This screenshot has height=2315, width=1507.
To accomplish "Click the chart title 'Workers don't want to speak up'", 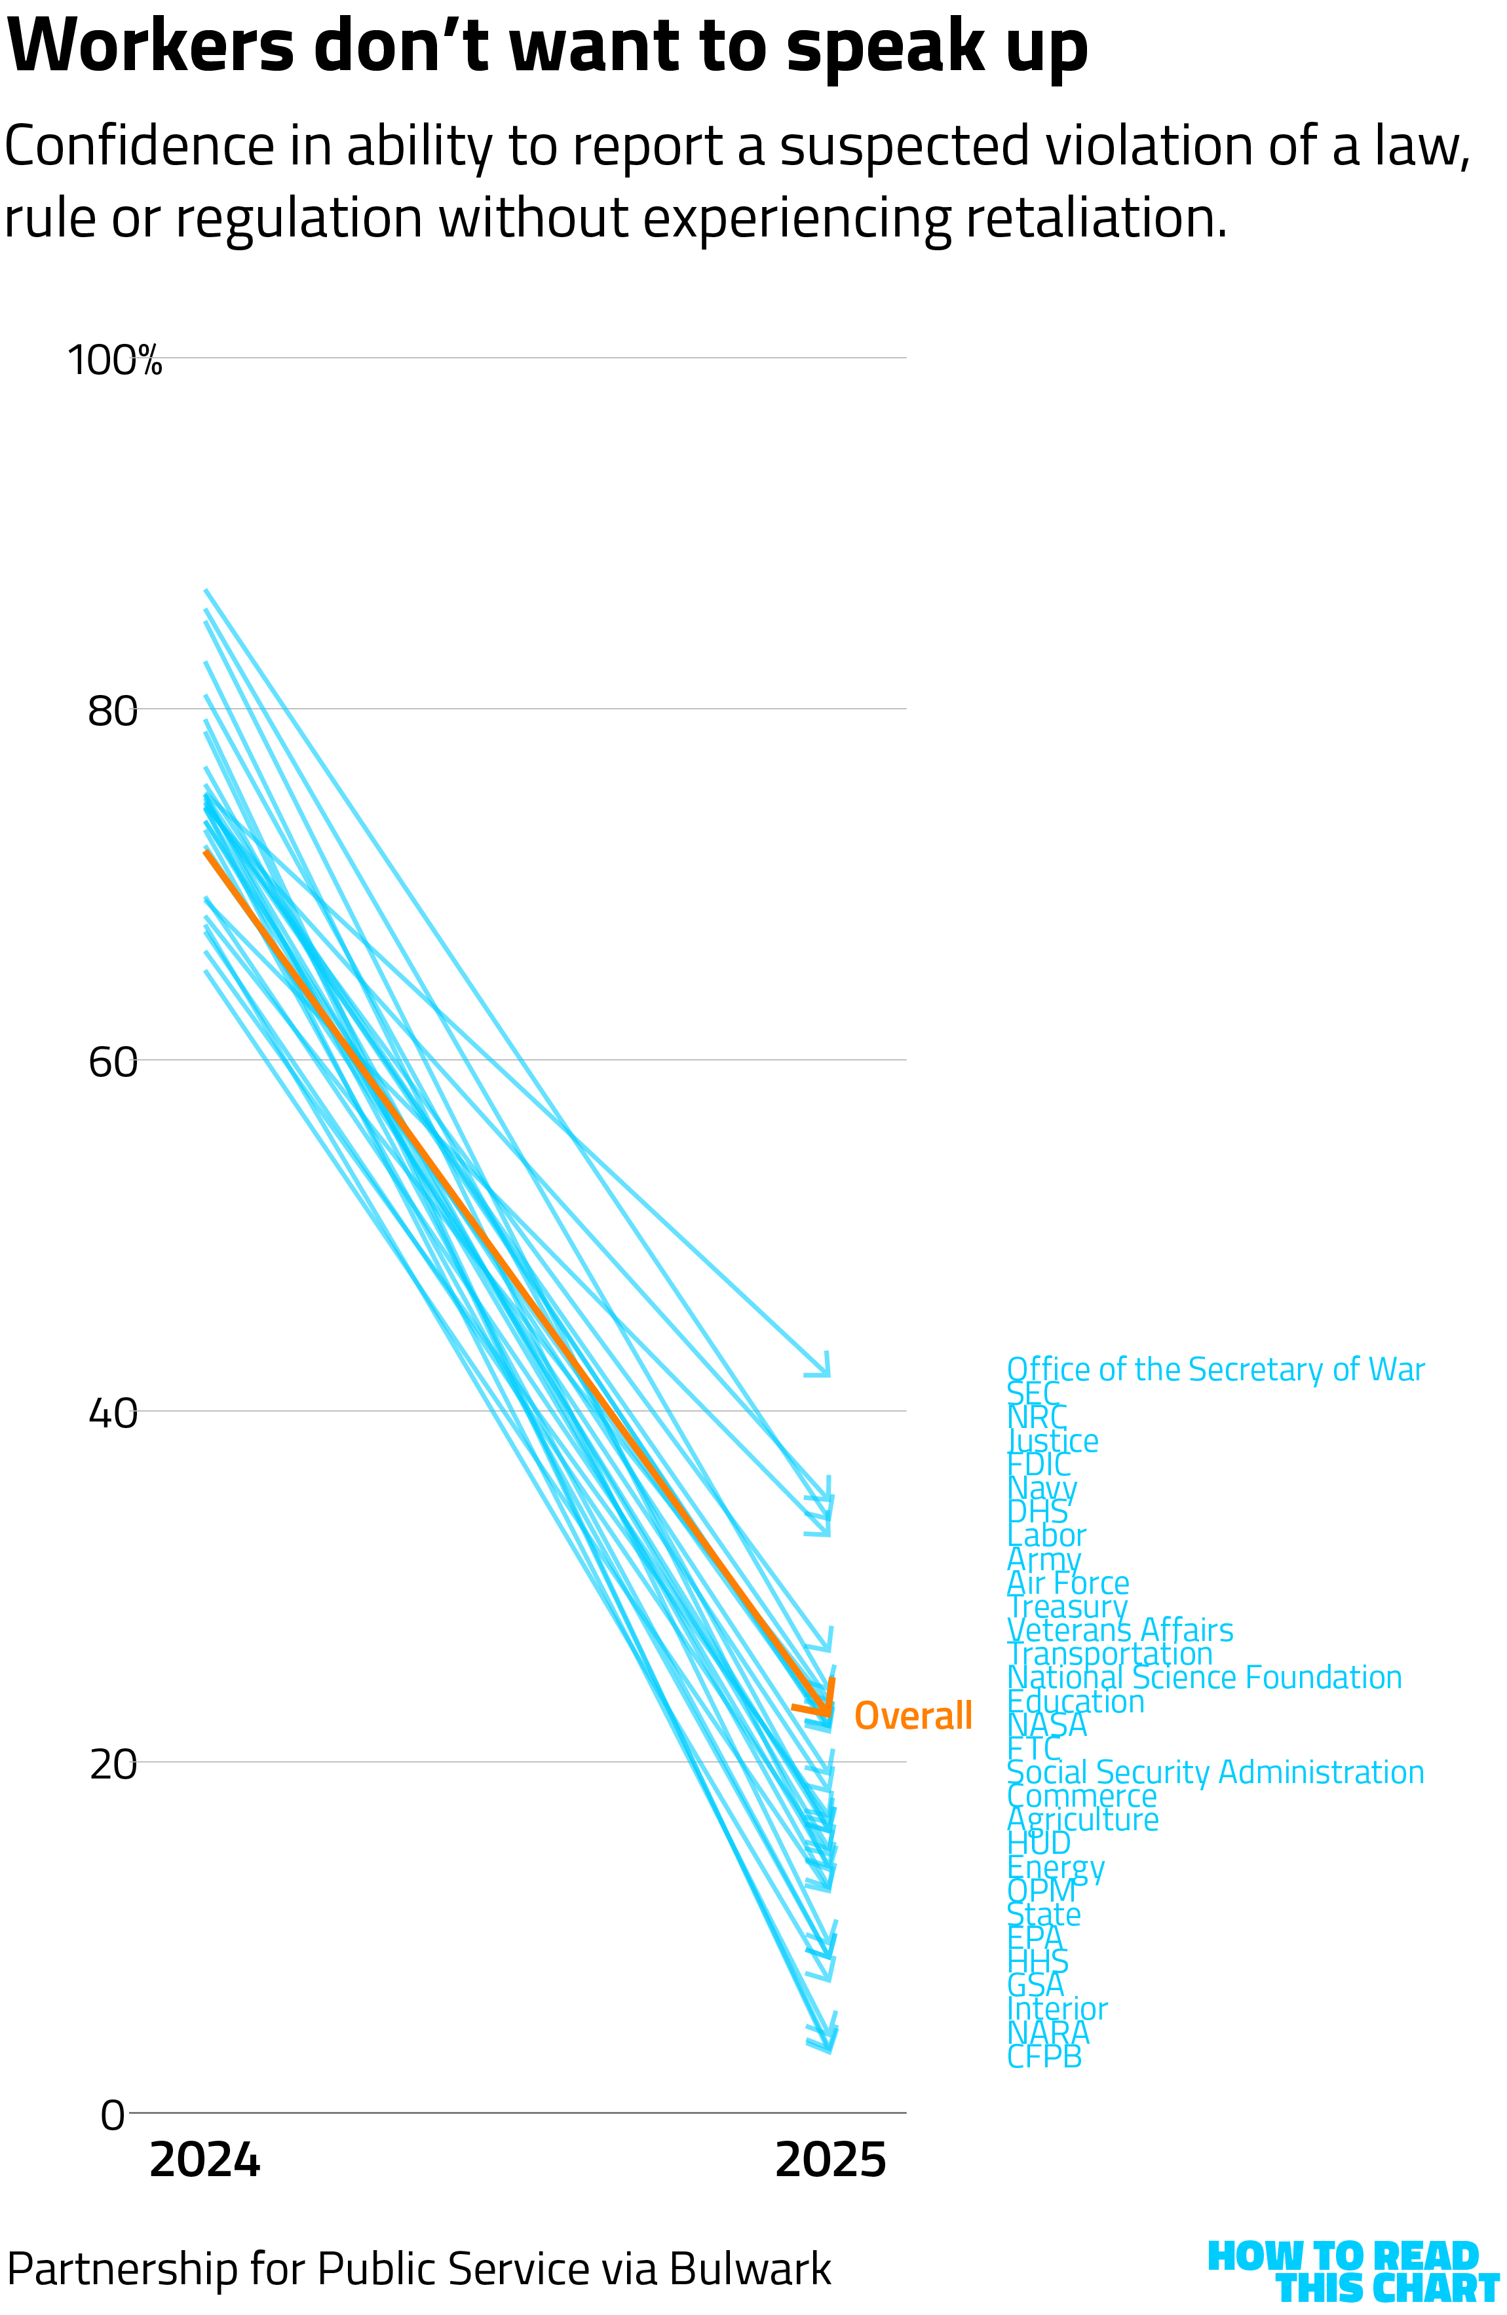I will [x=546, y=47].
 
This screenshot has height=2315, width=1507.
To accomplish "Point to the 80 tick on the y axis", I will [x=113, y=711].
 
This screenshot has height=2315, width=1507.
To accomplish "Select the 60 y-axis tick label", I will [x=113, y=1062].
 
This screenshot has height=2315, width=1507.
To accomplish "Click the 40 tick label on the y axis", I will [x=113, y=1414].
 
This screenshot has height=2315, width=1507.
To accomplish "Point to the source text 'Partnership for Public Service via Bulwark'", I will [x=418, y=2269].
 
